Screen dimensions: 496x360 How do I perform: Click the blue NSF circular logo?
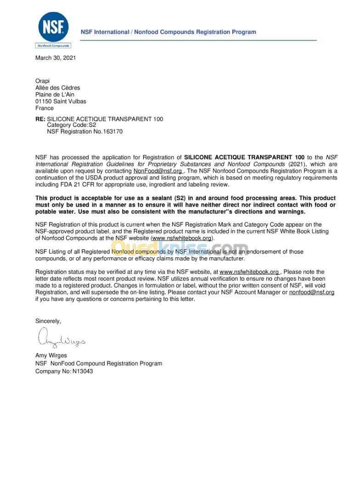pyautogui.click(x=53, y=26)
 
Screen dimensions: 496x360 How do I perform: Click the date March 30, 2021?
pyautogui.click(x=56, y=58)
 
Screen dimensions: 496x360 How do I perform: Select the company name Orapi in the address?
pyautogui.click(x=43, y=81)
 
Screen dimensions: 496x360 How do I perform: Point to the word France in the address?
pyautogui.click(x=45, y=108)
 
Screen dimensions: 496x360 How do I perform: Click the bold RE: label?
pyautogui.click(x=40, y=119)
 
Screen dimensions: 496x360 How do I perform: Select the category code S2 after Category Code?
pyautogui.click(x=92, y=125)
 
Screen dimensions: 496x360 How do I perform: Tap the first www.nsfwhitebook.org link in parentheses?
pyautogui.click(x=182, y=238)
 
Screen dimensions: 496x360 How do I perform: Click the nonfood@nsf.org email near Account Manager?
pyautogui.click(x=311, y=292)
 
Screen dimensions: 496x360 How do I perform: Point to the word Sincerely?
pyautogui.click(x=48, y=321)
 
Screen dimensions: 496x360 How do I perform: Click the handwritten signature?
pyautogui.click(x=60, y=338)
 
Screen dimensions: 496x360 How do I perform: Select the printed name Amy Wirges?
pyautogui.click(x=51, y=355)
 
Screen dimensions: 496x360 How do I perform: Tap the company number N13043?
pyautogui.click(x=83, y=371)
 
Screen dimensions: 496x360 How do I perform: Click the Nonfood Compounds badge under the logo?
pyautogui.click(x=53, y=45)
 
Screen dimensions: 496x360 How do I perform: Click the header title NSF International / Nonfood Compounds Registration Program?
pyautogui.click(x=168, y=32)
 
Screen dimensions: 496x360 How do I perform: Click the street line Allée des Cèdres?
pyautogui.click(x=57, y=88)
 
